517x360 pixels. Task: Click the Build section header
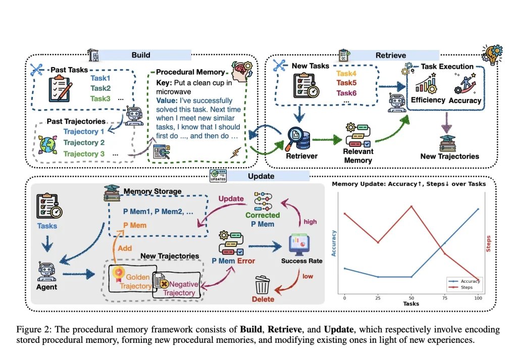(x=141, y=55)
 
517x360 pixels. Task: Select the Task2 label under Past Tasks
(x=100, y=88)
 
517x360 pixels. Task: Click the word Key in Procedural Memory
(x=165, y=83)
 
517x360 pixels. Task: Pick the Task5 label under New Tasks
(x=346, y=83)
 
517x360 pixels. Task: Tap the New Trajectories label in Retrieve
(x=449, y=156)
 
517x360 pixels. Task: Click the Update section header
(x=261, y=176)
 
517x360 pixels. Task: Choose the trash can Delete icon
(x=263, y=284)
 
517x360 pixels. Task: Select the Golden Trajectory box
(x=133, y=281)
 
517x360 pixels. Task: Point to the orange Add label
(x=125, y=248)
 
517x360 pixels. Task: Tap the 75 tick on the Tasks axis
(x=445, y=298)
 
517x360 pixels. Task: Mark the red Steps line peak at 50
(x=411, y=207)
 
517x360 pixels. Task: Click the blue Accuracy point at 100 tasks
(x=478, y=209)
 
